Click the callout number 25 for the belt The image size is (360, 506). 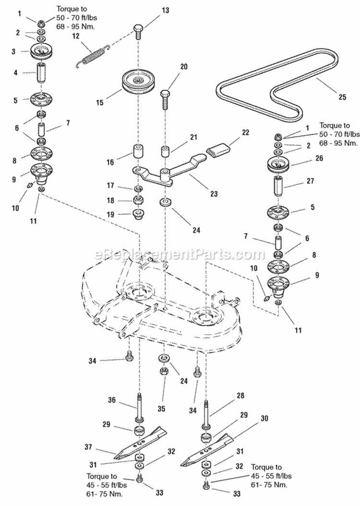[x=342, y=97]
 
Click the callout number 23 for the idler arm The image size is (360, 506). [x=214, y=194]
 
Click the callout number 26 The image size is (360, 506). [x=319, y=158]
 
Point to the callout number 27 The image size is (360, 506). [x=319, y=182]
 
